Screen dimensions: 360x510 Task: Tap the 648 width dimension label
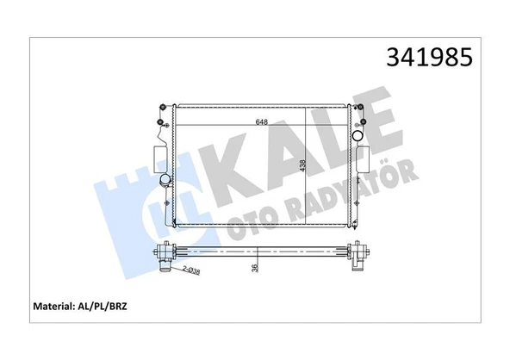pyautogui.click(x=260, y=123)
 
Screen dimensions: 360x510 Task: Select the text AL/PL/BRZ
pyautogui.click(x=114, y=306)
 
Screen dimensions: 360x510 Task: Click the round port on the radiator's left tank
pyautogui.click(x=164, y=181)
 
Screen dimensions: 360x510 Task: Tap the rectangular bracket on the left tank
pyautogui.click(x=157, y=158)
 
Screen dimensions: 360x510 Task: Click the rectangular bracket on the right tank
pyautogui.click(x=364, y=158)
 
